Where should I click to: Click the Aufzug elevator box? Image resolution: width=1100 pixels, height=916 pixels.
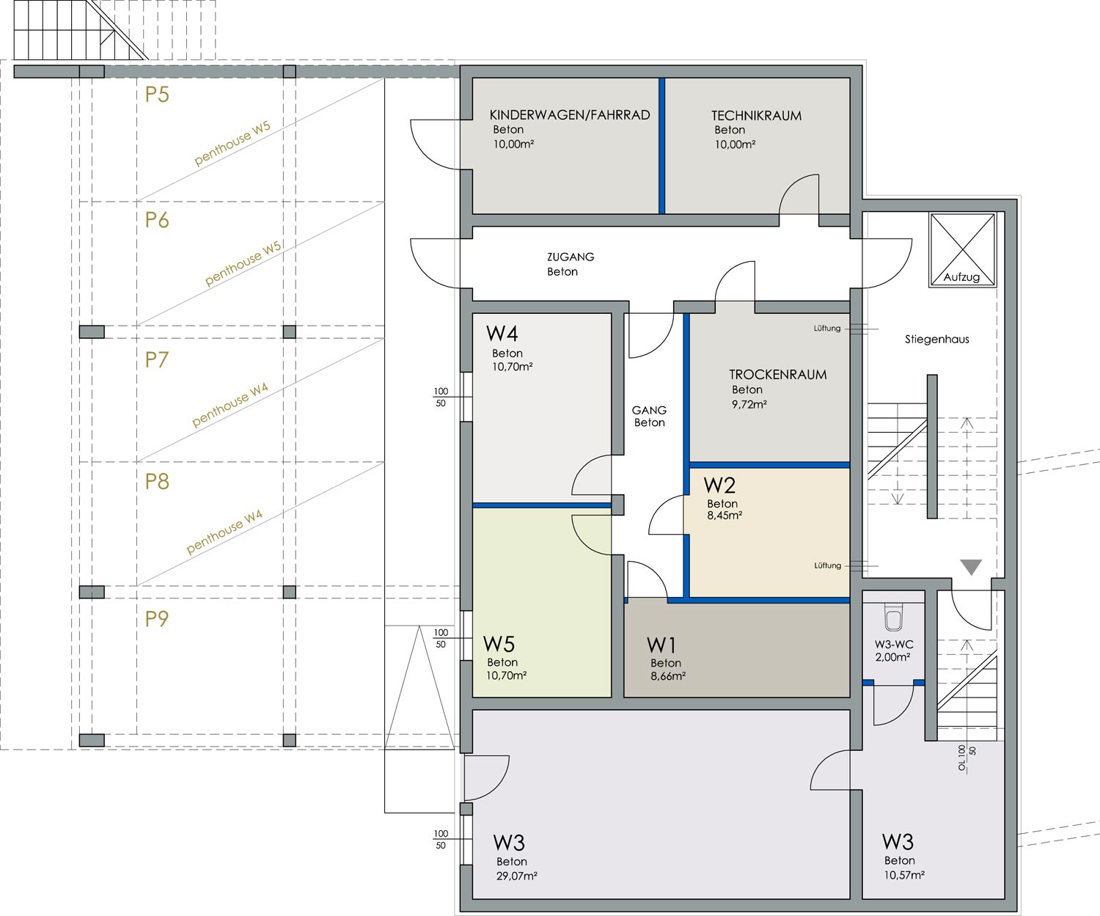[962, 250]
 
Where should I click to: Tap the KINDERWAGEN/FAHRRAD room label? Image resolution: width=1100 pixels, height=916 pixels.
[570, 115]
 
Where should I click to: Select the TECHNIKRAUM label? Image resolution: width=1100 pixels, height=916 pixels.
[756, 115]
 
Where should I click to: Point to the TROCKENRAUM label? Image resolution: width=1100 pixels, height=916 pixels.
[777, 375]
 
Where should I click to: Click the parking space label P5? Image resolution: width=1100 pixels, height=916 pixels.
[157, 95]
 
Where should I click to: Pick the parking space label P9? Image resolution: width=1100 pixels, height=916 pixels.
[157, 619]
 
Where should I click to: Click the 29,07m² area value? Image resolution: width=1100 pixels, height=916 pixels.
[517, 876]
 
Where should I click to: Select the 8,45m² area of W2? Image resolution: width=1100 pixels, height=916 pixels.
[725, 516]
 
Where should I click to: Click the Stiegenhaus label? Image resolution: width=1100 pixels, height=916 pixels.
[936, 340]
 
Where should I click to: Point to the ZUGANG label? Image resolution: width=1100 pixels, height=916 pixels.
[571, 257]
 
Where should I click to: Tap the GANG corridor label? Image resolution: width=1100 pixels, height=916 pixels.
[649, 410]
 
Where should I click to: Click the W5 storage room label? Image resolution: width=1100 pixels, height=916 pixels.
[499, 644]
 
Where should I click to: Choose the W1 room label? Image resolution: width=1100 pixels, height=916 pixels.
[661, 645]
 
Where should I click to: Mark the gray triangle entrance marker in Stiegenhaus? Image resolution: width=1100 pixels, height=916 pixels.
[971, 567]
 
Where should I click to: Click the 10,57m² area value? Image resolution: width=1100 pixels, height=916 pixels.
[904, 876]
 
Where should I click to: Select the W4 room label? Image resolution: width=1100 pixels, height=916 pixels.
[502, 334]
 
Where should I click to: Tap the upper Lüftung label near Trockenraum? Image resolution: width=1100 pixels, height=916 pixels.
[826, 329]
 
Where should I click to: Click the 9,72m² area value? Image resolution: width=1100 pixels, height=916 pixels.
[749, 404]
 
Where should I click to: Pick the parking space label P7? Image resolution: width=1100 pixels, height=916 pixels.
[157, 360]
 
